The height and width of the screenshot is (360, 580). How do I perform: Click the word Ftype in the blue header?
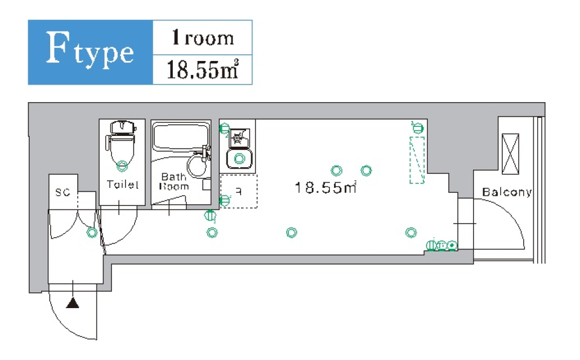pos(89,52)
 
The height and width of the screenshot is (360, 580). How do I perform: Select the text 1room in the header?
pos(202,38)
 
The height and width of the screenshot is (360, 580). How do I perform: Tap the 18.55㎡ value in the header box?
pos(202,69)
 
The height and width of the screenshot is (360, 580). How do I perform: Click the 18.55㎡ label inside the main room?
pos(325,188)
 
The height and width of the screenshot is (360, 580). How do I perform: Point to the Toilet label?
pos(122,185)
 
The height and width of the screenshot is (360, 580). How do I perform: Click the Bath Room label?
pos(173,182)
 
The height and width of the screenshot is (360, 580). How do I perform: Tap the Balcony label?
pos(506,193)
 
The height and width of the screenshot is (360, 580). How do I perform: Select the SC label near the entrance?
pos(62,193)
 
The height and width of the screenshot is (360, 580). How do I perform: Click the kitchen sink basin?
pos(239,159)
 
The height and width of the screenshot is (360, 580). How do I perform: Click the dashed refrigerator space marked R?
pos(239,191)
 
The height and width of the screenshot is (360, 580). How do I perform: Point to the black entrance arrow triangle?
pos(72,303)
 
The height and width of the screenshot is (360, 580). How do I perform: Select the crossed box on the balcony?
pos(511,153)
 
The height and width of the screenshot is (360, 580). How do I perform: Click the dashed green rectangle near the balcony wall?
pos(417,159)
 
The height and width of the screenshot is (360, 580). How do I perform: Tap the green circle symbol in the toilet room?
pos(122,164)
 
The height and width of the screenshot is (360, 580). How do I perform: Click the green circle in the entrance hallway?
pos(91,232)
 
